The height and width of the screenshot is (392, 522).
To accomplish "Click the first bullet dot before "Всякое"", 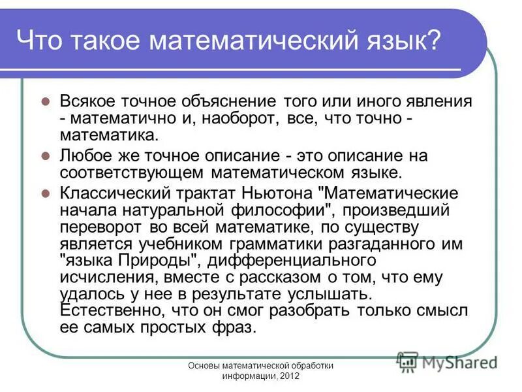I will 46,103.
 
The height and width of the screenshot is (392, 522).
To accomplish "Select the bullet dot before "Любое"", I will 46,157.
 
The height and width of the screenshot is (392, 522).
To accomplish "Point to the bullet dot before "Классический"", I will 46,194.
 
